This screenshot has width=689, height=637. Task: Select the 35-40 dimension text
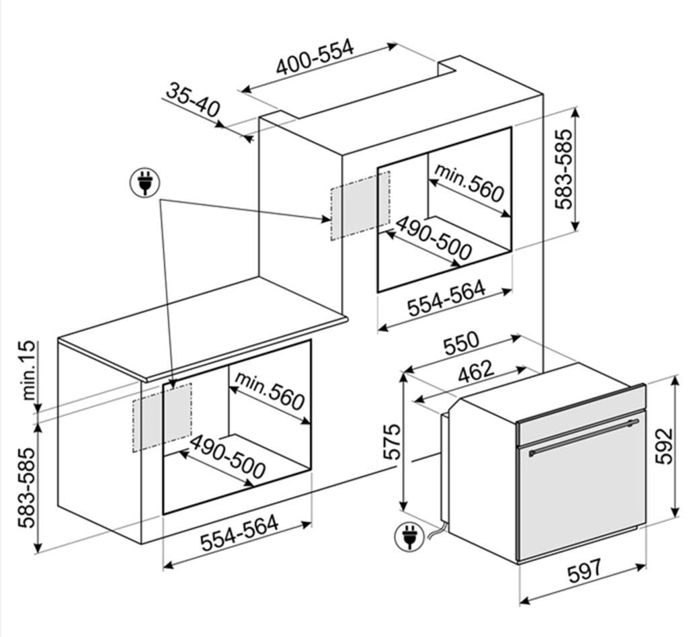(x=193, y=99)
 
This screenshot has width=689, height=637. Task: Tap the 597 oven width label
(x=584, y=572)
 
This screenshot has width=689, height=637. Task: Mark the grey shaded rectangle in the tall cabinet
(x=360, y=206)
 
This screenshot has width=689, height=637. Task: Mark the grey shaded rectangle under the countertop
(x=162, y=417)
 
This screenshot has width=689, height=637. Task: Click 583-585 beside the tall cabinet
(x=565, y=169)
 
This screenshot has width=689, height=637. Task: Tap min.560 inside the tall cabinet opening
(x=469, y=183)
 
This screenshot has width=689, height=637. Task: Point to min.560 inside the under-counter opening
(x=270, y=391)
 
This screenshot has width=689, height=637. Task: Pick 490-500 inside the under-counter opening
(x=227, y=458)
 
